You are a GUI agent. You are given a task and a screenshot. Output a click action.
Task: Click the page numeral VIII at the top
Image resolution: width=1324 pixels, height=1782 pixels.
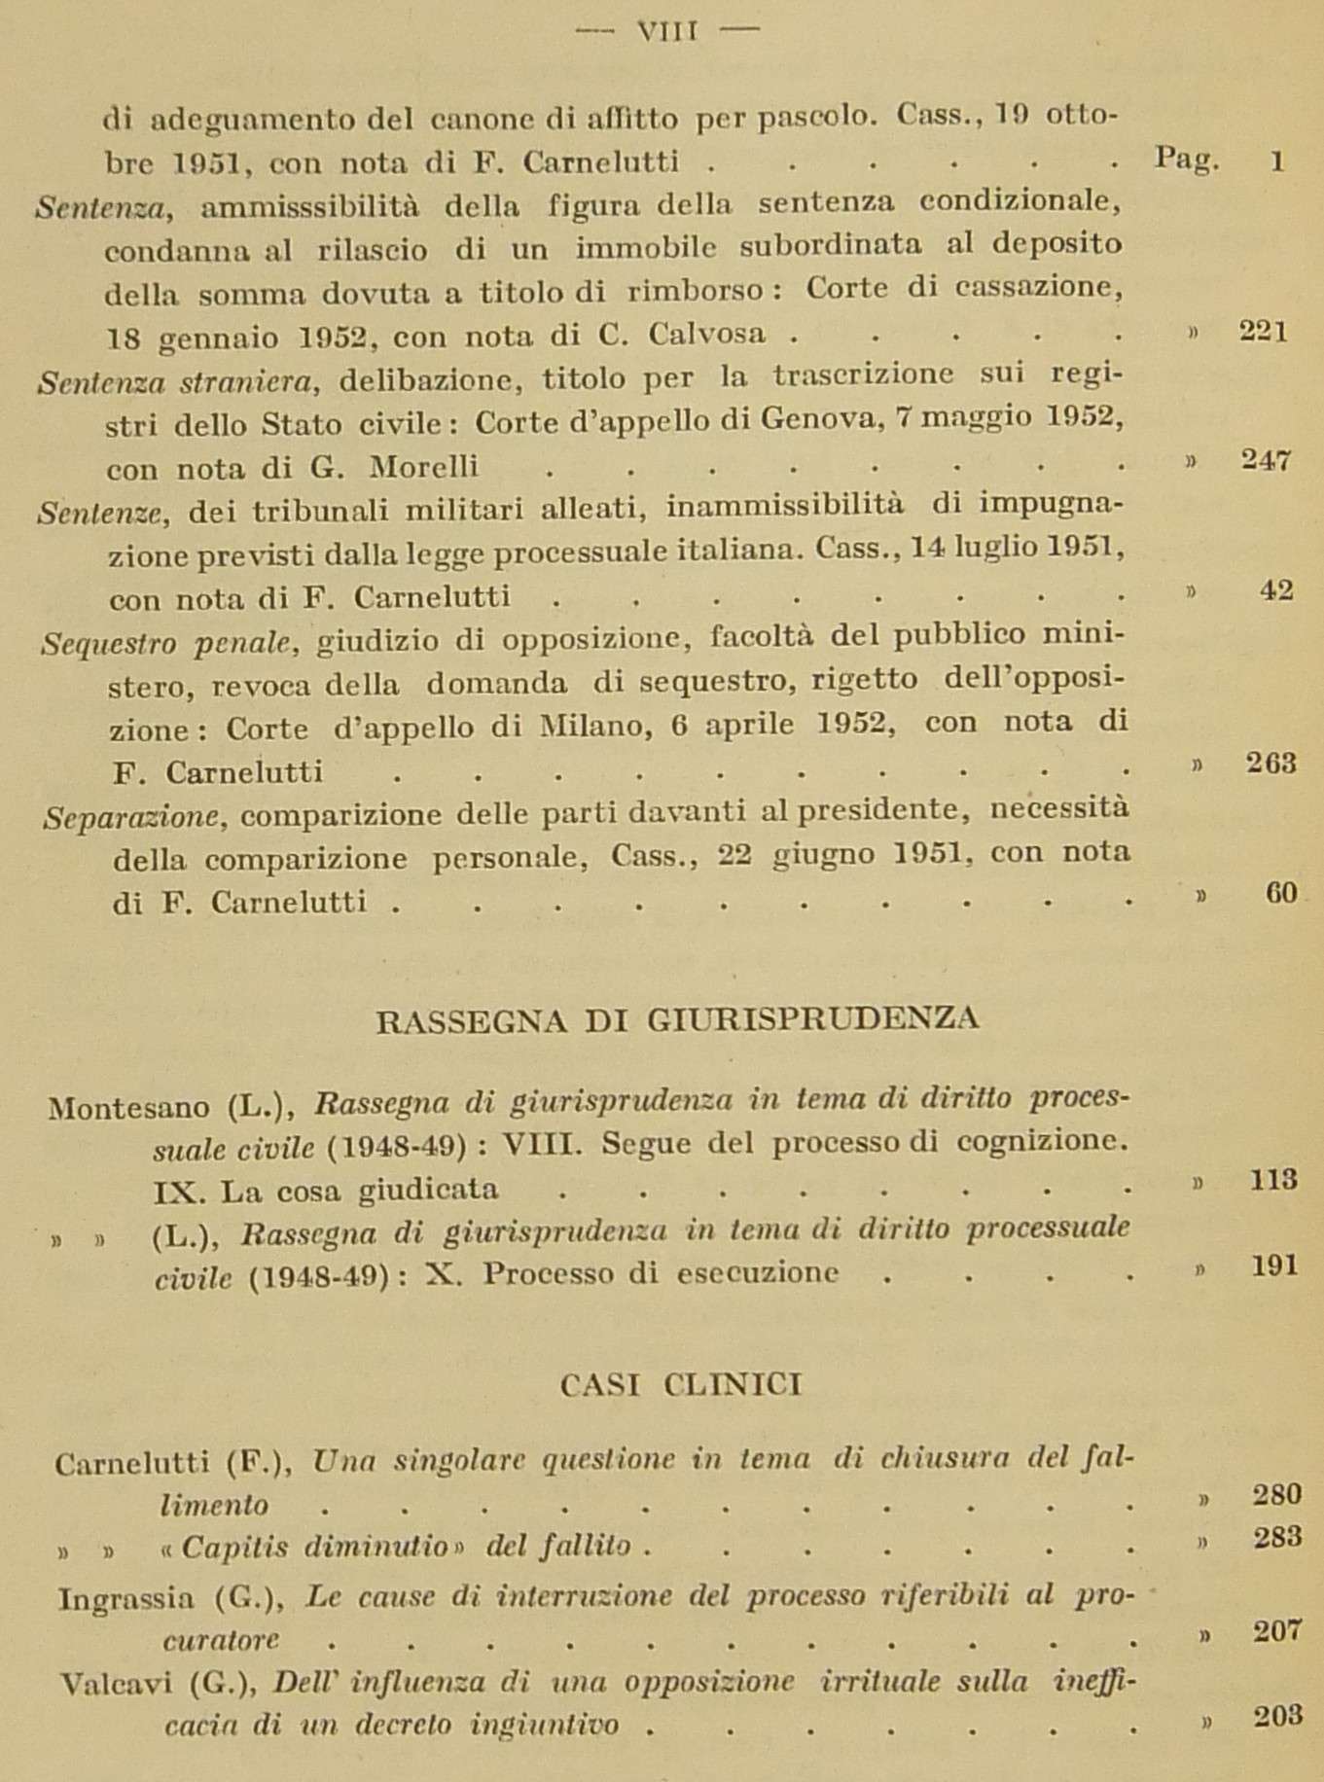pyautogui.click(x=667, y=31)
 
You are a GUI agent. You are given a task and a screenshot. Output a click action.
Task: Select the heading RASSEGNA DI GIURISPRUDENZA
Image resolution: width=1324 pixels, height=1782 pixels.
pyautogui.click(x=677, y=1018)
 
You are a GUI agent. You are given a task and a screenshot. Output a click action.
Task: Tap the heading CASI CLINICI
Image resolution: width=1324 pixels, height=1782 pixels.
pyautogui.click(x=681, y=1384)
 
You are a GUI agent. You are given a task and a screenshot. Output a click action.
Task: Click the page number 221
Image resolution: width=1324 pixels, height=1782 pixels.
pyautogui.click(x=1264, y=333)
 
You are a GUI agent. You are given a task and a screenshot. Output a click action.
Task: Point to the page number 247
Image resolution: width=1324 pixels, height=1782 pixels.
pyautogui.click(x=1267, y=460)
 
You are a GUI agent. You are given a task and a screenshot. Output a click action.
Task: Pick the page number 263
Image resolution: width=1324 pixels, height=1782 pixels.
pyautogui.click(x=1271, y=763)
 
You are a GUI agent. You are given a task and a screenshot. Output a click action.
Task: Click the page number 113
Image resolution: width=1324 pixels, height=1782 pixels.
pyautogui.click(x=1273, y=1180)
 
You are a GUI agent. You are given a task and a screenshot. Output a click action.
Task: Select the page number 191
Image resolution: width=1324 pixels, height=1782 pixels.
pyautogui.click(x=1274, y=1266)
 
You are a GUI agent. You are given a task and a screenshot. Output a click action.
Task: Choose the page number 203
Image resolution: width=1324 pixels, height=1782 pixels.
pyautogui.click(x=1278, y=1717)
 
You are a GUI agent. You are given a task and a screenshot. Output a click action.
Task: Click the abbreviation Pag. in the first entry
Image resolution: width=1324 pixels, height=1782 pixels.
pyautogui.click(x=1187, y=159)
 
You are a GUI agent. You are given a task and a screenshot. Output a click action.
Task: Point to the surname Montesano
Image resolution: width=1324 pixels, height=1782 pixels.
pyautogui.click(x=129, y=1107)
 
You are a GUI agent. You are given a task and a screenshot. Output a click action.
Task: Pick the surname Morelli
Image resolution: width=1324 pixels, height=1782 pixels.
pyautogui.click(x=425, y=467)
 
